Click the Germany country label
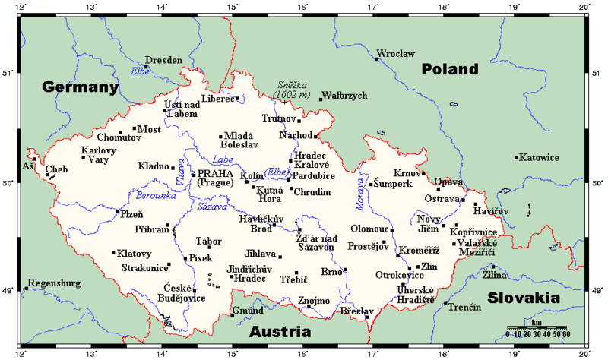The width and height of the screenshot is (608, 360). click(x=81, y=87)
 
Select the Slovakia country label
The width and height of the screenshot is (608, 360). click(x=529, y=298)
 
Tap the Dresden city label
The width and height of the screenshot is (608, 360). click(x=164, y=60)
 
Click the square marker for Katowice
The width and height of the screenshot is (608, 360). click(x=516, y=158)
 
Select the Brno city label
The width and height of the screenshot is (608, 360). click(x=331, y=272)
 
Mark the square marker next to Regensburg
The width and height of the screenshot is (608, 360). click(x=27, y=288)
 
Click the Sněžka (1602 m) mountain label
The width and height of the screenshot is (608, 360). click(x=292, y=90)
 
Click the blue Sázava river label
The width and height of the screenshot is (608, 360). click(x=211, y=206)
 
